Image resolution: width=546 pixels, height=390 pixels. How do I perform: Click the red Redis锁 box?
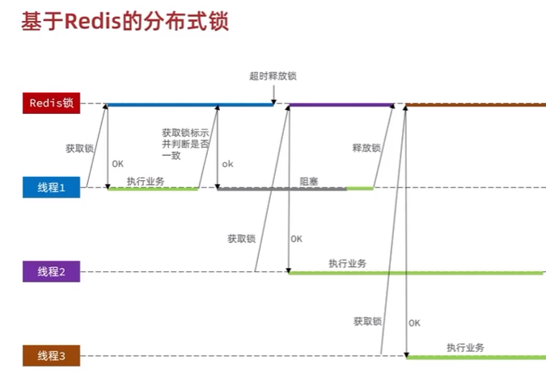(x=51, y=103)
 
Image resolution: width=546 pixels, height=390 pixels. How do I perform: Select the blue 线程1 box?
(x=51, y=188)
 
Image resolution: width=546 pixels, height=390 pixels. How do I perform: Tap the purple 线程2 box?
(x=51, y=272)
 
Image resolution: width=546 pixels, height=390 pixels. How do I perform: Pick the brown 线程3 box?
(x=51, y=356)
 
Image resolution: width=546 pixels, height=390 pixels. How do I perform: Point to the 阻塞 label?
(x=309, y=182)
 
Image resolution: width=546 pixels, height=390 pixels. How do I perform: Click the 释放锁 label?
(x=366, y=149)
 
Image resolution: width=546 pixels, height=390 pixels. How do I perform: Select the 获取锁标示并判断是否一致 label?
(x=185, y=143)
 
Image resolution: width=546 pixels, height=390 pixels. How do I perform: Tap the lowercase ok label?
(x=227, y=164)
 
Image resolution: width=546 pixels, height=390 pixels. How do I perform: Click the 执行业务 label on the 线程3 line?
(x=465, y=347)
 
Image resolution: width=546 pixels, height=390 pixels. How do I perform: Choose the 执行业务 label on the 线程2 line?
(x=347, y=263)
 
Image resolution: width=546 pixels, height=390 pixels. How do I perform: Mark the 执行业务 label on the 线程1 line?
(x=146, y=181)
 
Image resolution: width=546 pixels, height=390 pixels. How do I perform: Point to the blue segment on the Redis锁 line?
(x=186, y=104)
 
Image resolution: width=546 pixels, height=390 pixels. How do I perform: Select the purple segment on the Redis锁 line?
(x=340, y=104)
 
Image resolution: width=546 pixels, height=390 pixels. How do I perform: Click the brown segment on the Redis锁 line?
(x=473, y=105)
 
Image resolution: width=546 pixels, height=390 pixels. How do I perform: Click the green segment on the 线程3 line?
(x=473, y=357)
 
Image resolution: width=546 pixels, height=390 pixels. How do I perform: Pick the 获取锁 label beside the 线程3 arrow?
(x=367, y=321)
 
